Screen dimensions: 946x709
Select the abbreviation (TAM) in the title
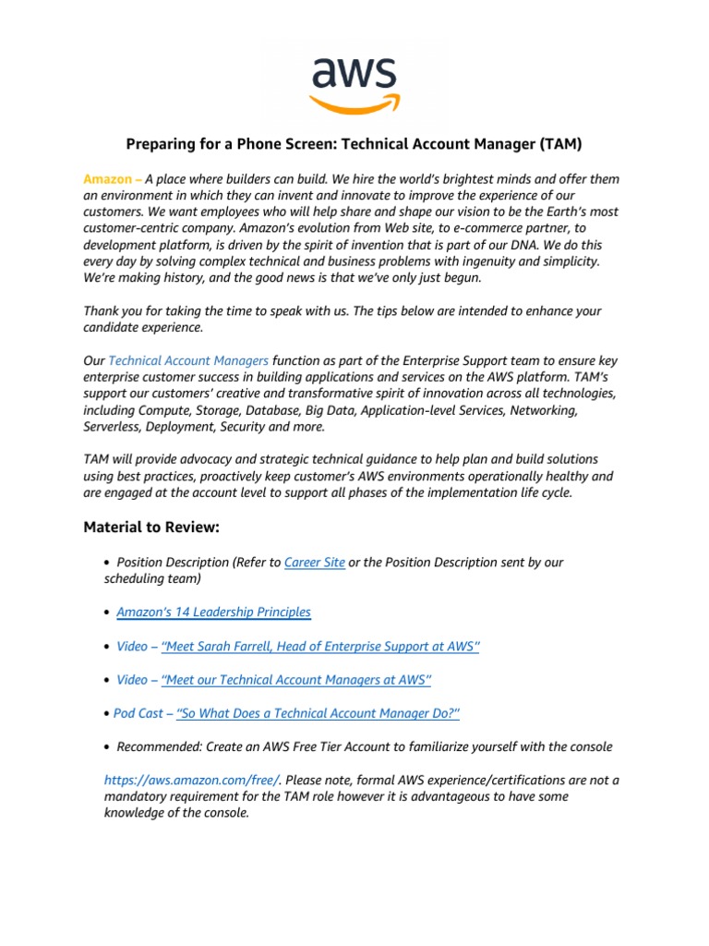pos(559,144)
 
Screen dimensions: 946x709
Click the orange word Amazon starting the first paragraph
pos(107,179)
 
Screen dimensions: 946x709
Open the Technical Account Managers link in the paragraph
pos(188,361)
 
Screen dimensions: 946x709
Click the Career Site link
pos(315,562)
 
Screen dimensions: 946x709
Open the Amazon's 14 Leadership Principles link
pos(213,612)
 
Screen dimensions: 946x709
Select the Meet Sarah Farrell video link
pos(320,646)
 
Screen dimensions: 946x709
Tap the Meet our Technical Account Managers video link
pos(295,680)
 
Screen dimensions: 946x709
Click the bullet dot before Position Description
pos(108,563)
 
